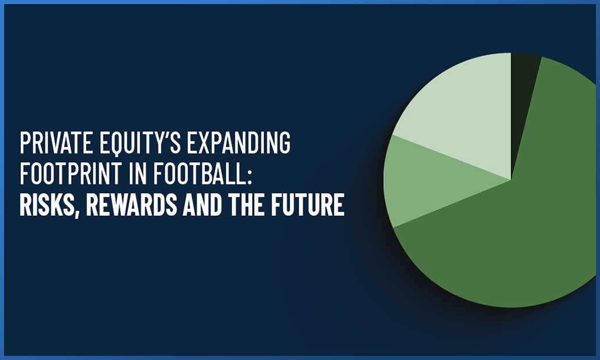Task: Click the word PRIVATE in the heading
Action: click(x=56, y=143)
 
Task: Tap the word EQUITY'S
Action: click(x=140, y=143)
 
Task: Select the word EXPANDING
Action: click(x=239, y=143)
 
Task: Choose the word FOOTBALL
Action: click(x=199, y=173)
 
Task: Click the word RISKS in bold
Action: click(x=47, y=205)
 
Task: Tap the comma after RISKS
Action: click(x=77, y=213)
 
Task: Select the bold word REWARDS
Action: click(x=131, y=205)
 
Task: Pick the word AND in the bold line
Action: click(x=202, y=205)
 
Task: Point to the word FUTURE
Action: click(x=308, y=205)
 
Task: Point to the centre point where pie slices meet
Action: click(x=510, y=180)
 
